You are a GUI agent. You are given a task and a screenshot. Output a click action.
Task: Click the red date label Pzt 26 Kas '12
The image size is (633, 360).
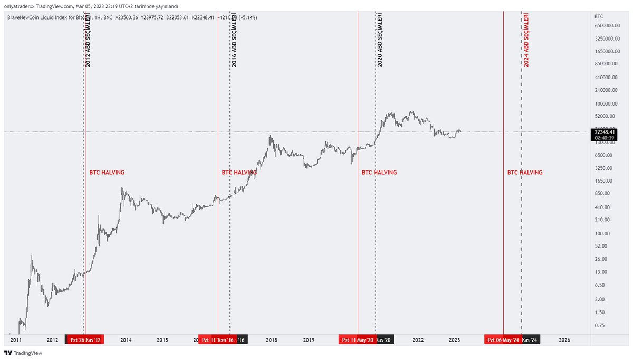coord(84,340)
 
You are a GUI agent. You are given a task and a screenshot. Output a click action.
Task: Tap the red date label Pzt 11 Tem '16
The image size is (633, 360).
coord(218,340)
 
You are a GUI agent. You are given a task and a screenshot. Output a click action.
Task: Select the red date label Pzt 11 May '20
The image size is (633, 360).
coord(358,340)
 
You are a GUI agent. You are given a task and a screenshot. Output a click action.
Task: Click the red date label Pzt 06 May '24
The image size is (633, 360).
coord(503,340)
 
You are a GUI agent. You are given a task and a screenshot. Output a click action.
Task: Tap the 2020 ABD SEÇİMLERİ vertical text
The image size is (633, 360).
coord(380,40)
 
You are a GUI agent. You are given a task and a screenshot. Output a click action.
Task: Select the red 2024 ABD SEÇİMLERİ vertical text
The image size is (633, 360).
coord(526,40)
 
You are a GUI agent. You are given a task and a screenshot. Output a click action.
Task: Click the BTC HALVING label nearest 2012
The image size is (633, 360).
coord(105,173)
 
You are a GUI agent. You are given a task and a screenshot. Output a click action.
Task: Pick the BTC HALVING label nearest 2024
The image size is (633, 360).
coord(524,173)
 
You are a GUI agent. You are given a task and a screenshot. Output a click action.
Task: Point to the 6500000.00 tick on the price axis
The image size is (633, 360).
coord(606,26)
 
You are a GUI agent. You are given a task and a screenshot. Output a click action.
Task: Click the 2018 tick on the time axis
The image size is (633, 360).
coord(272,340)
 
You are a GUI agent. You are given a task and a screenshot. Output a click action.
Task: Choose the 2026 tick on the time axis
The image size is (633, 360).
coord(564,340)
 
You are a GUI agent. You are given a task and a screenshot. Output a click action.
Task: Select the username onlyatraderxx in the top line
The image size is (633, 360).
coord(19,6)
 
